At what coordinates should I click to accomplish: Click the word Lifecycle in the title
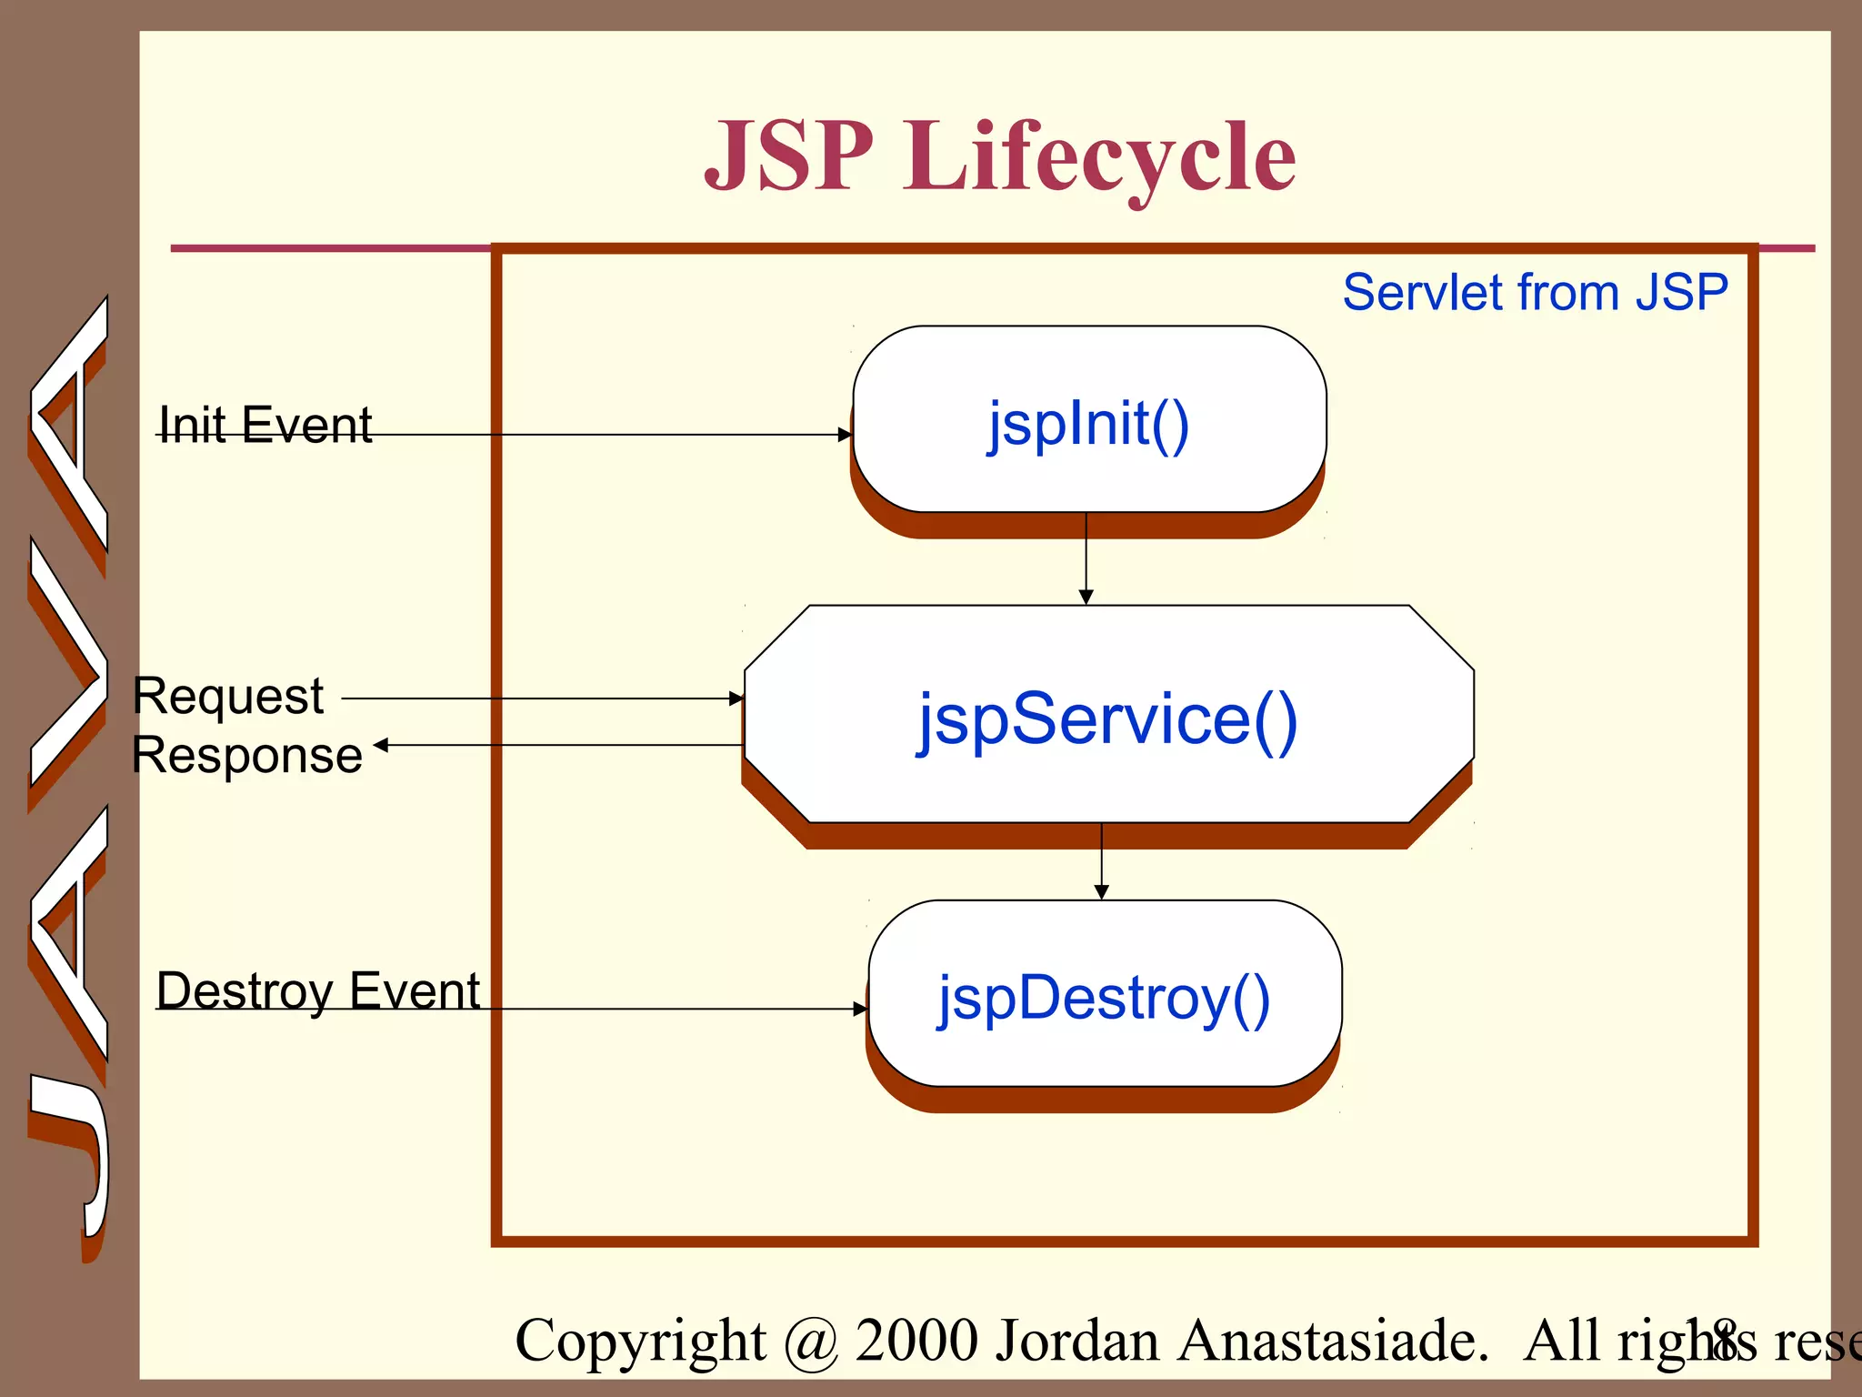(1098, 158)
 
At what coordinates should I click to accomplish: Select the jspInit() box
(1089, 420)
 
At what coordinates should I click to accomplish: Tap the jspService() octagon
(1107, 716)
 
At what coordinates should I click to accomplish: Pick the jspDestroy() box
(1105, 995)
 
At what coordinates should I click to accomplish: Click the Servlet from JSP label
(1535, 293)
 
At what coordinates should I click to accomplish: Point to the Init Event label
(265, 425)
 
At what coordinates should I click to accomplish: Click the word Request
(228, 697)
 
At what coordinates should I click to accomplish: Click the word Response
(247, 755)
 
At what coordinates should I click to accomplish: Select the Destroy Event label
(318, 990)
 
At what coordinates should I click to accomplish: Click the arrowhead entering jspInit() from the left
(845, 435)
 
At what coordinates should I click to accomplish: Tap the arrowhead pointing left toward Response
(381, 745)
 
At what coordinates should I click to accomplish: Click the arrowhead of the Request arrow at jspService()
(736, 698)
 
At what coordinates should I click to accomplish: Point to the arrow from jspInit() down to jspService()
(1086, 557)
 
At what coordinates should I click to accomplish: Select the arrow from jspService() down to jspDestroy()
(1101, 859)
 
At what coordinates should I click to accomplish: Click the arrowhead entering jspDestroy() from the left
(860, 1009)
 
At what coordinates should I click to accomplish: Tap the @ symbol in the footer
(810, 1342)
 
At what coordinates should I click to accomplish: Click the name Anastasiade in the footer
(1331, 1341)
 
